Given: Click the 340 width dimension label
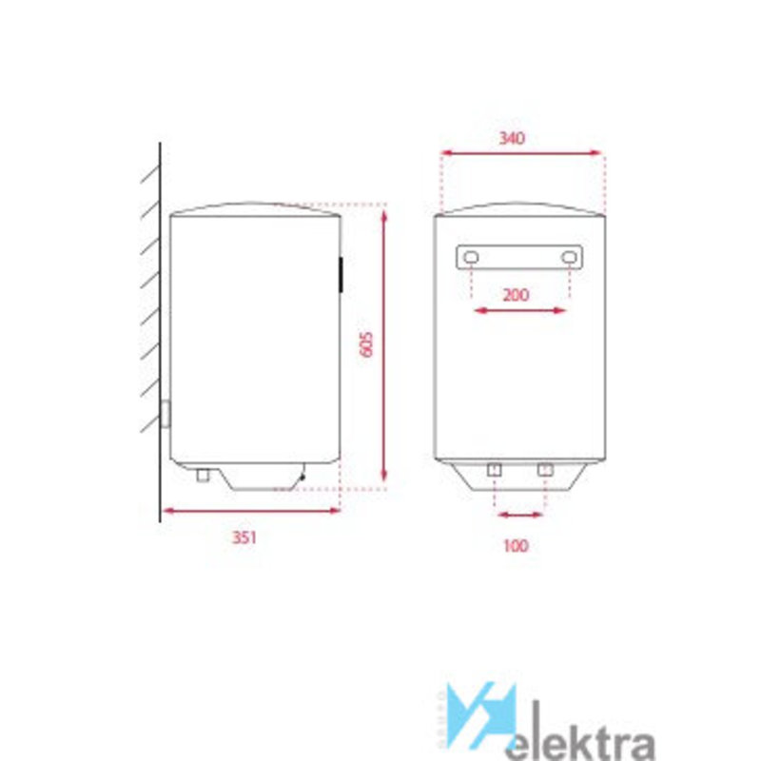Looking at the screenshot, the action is (x=512, y=138).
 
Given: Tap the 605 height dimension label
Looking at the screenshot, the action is (x=366, y=344).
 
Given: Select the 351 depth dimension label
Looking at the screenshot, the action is (x=244, y=537).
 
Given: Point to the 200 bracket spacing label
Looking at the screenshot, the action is (x=516, y=295).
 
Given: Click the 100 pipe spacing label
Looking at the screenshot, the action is (x=516, y=546).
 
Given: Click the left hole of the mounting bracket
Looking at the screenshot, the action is (x=471, y=257).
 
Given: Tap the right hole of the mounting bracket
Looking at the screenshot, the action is (x=569, y=257).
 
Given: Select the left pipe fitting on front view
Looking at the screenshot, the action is (x=494, y=470).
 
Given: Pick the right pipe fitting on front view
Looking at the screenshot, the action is (x=545, y=470).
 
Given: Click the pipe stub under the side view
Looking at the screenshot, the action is (x=203, y=475).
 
